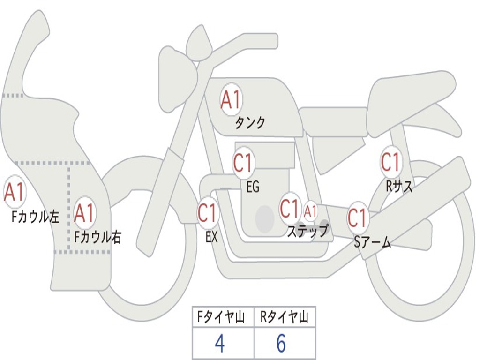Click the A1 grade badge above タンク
[231, 99]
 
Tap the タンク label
[250, 123]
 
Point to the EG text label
[252, 187]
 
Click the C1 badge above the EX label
[207, 212]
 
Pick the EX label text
[211, 237]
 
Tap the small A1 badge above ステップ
[310, 211]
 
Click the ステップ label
[308, 231]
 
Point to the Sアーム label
[373, 242]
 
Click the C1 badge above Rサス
[390, 162]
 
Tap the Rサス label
[399, 187]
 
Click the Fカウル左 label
[36, 217]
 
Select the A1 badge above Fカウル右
[84, 213]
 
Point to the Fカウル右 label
[98, 237]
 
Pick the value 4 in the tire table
[219, 344]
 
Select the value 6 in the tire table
[281, 344]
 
